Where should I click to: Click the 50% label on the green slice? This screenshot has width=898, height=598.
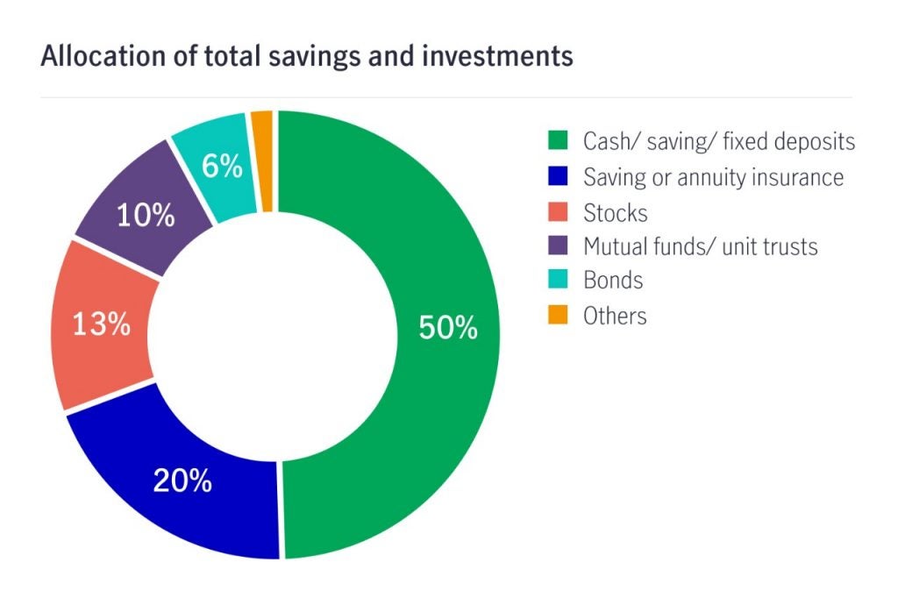tap(448, 328)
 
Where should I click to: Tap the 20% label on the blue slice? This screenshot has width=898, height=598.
tap(182, 480)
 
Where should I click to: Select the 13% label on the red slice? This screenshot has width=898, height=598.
tap(101, 324)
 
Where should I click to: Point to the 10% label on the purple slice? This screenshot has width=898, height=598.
tap(146, 216)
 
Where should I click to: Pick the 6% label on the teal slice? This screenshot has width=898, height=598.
tap(221, 166)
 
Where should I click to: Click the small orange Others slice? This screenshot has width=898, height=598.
tap(262, 160)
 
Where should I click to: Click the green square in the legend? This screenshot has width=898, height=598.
tap(558, 141)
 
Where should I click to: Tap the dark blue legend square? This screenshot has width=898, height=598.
tap(558, 176)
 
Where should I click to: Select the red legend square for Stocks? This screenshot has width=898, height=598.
tap(558, 211)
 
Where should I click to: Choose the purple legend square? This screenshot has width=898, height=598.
tap(558, 246)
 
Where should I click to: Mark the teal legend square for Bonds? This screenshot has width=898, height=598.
tap(558, 281)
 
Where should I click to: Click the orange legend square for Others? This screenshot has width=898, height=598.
tap(558, 315)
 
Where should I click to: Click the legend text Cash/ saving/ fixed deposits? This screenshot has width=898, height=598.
tap(719, 141)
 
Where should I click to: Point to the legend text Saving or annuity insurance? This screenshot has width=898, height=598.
tap(713, 177)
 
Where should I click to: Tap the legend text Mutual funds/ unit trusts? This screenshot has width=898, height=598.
tap(700, 246)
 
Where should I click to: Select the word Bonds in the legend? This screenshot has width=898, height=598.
tap(613, 281)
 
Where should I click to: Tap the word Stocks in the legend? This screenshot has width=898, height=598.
tap(615, 211)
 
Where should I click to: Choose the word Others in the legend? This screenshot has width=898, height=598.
tap(615, 316)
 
